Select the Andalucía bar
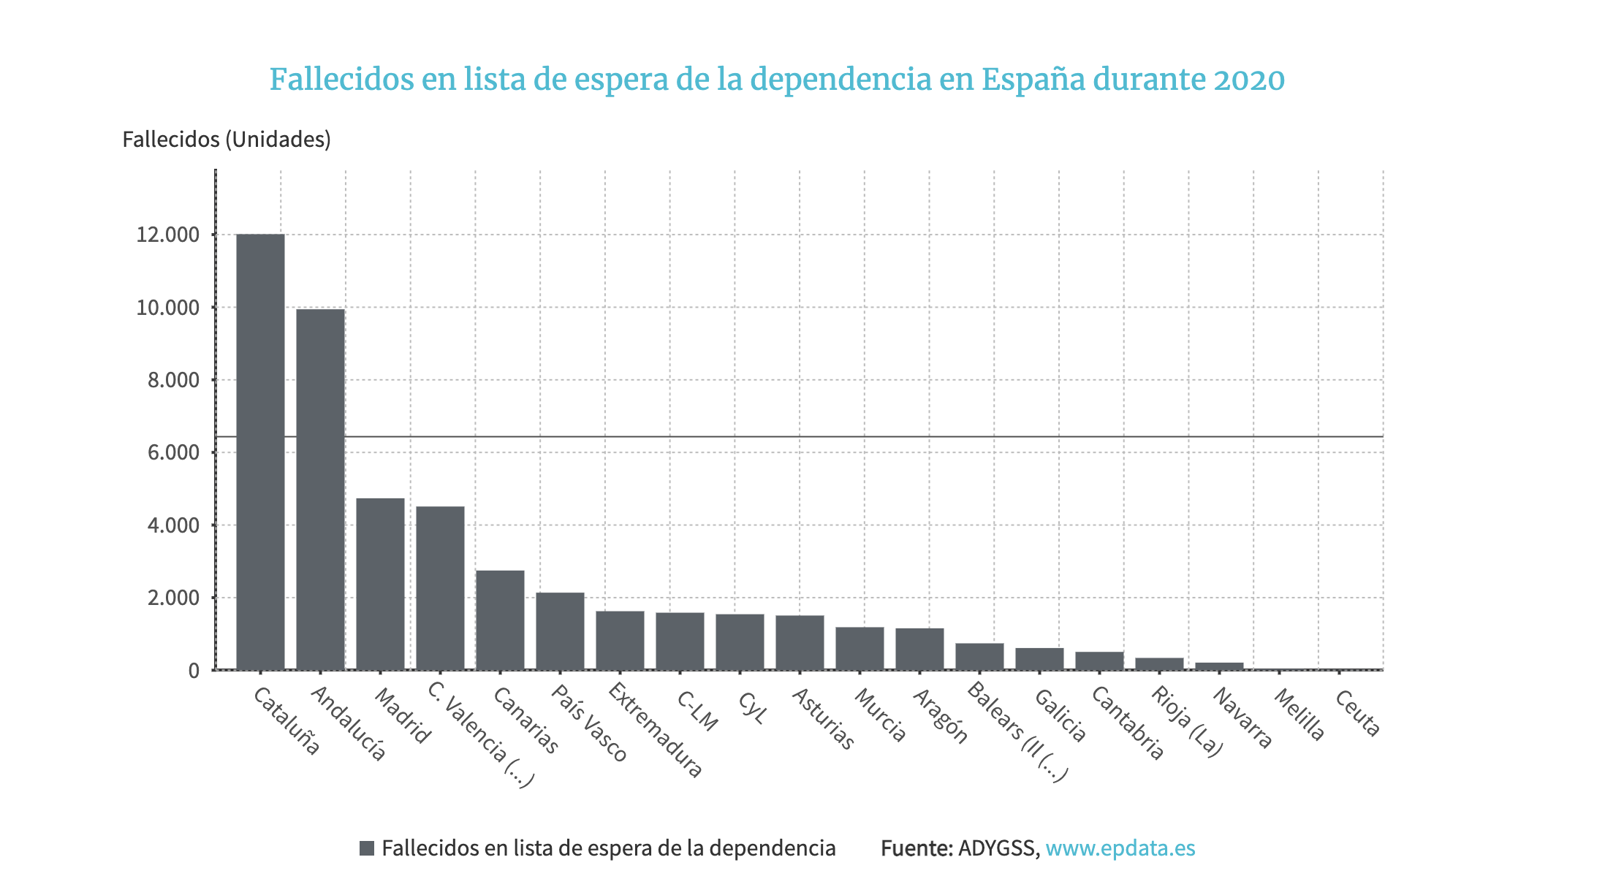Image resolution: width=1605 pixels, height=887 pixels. tap(320, 490)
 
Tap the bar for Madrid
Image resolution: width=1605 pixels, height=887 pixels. tap(380, 584)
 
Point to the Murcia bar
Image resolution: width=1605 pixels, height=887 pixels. tap(860, 648)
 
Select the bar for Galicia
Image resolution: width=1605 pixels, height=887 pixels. tap(1039, 658)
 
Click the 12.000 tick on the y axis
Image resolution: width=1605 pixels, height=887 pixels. tap(167, 235)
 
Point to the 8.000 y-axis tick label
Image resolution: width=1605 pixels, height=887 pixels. tap(172, 380)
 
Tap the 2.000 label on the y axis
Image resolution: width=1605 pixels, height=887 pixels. tap(172, 598)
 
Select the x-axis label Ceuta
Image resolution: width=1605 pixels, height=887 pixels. tap(1357, 713)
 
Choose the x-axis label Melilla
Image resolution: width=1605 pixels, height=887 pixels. tap(1299, 715)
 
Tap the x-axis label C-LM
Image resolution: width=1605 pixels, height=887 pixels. tap(697, 710)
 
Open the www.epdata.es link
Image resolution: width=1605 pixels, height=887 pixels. tap(1120, 848)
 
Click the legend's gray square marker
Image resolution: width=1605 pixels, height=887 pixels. tap(367, 848)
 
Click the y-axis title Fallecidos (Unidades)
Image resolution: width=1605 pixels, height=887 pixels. tap(227, 139)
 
